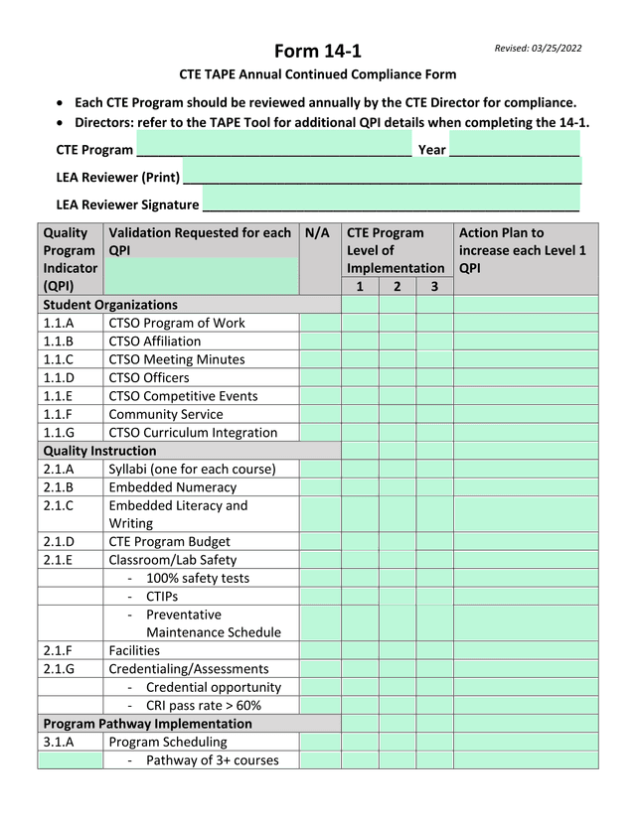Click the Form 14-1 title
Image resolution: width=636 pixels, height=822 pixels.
coord(319,51)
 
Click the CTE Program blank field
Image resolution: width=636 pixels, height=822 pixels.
coord(273,149)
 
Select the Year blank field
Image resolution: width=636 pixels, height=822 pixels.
coord(514,149)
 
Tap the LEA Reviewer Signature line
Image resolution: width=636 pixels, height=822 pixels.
coord(390,204)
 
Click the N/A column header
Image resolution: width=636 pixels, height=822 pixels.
coord(318,233)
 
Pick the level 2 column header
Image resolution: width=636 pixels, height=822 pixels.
coord(397,287)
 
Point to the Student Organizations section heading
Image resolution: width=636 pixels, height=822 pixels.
coord(110,305)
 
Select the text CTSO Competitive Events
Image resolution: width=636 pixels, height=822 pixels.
coord(183,396)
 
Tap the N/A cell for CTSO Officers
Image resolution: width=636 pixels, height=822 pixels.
coord(320,378)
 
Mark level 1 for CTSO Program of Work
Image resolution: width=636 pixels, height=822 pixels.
coord(360,324)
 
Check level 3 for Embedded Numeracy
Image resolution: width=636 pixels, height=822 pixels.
coord(434,487)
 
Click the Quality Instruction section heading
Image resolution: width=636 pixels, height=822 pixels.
coord(99,451)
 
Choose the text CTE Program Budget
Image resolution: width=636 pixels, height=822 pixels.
coord(169,542)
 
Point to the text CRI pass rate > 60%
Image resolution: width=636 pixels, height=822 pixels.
coord(203,706)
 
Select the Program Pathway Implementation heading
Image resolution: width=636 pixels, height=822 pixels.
coord(147,724)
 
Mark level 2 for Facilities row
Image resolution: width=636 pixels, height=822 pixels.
coord(397,651)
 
